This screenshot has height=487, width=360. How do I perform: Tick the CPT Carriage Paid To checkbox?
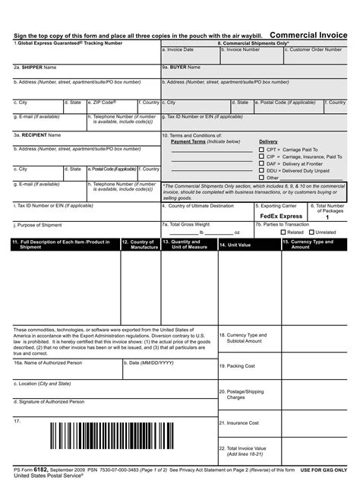pos(262,150)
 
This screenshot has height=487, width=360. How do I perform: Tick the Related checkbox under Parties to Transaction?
pos(283,232)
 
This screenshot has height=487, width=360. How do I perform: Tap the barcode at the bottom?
pos(131,437)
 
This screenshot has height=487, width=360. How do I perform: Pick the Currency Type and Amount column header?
pos(311,245)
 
